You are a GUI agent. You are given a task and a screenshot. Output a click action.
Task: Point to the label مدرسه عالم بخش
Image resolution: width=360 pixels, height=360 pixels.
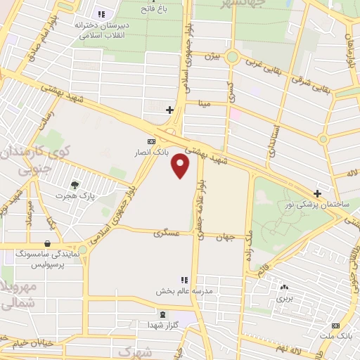189,290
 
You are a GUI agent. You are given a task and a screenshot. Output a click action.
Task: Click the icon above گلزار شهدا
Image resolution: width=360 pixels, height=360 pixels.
163,314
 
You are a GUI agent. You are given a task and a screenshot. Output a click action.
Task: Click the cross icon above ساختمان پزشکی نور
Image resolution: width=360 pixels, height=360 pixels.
318,193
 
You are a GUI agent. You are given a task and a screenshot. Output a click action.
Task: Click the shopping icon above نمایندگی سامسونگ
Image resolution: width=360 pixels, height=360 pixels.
48,243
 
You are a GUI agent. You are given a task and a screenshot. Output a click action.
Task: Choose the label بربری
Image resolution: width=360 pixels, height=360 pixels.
283,298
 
